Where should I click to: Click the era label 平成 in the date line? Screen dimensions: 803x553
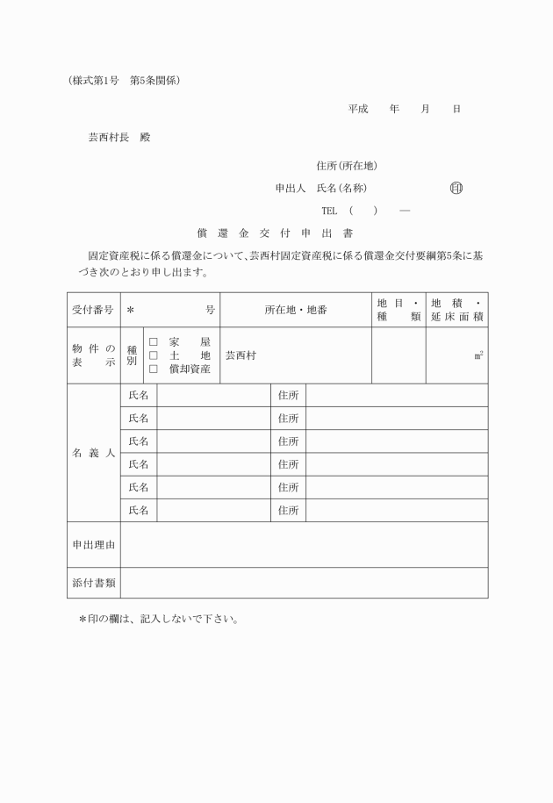[357, 109]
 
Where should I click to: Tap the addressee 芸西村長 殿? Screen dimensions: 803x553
[118, 138]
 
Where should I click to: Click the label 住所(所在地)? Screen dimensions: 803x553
[347, 165]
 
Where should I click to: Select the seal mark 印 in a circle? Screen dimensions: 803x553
[456, 188]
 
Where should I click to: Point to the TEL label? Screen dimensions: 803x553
[329, 211]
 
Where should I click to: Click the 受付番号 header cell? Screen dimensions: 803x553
[93, 310]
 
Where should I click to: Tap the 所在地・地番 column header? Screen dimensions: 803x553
[295, 310]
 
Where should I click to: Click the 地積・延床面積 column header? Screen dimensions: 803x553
[456, 310]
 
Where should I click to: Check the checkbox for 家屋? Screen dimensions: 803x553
[153, 342]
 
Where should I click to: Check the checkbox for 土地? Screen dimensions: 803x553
[153, 355]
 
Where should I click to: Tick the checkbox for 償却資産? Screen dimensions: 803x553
[153, 369]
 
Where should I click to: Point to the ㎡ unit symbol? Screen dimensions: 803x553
[478, 355]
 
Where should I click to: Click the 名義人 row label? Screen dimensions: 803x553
[93, 453]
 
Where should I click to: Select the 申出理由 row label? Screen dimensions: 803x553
[93, 544]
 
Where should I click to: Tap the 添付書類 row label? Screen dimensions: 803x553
[93, 583]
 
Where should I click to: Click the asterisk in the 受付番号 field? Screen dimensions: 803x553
[130, 310]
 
